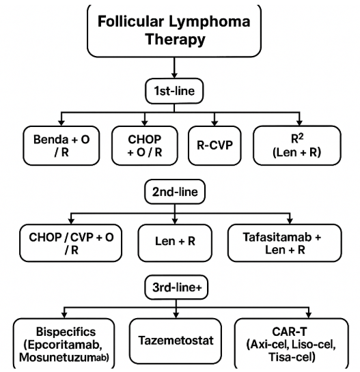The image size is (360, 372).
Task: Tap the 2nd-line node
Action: coord(174,192)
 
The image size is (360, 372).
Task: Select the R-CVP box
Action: coord(214,145)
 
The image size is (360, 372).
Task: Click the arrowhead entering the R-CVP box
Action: coord(215,122)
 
